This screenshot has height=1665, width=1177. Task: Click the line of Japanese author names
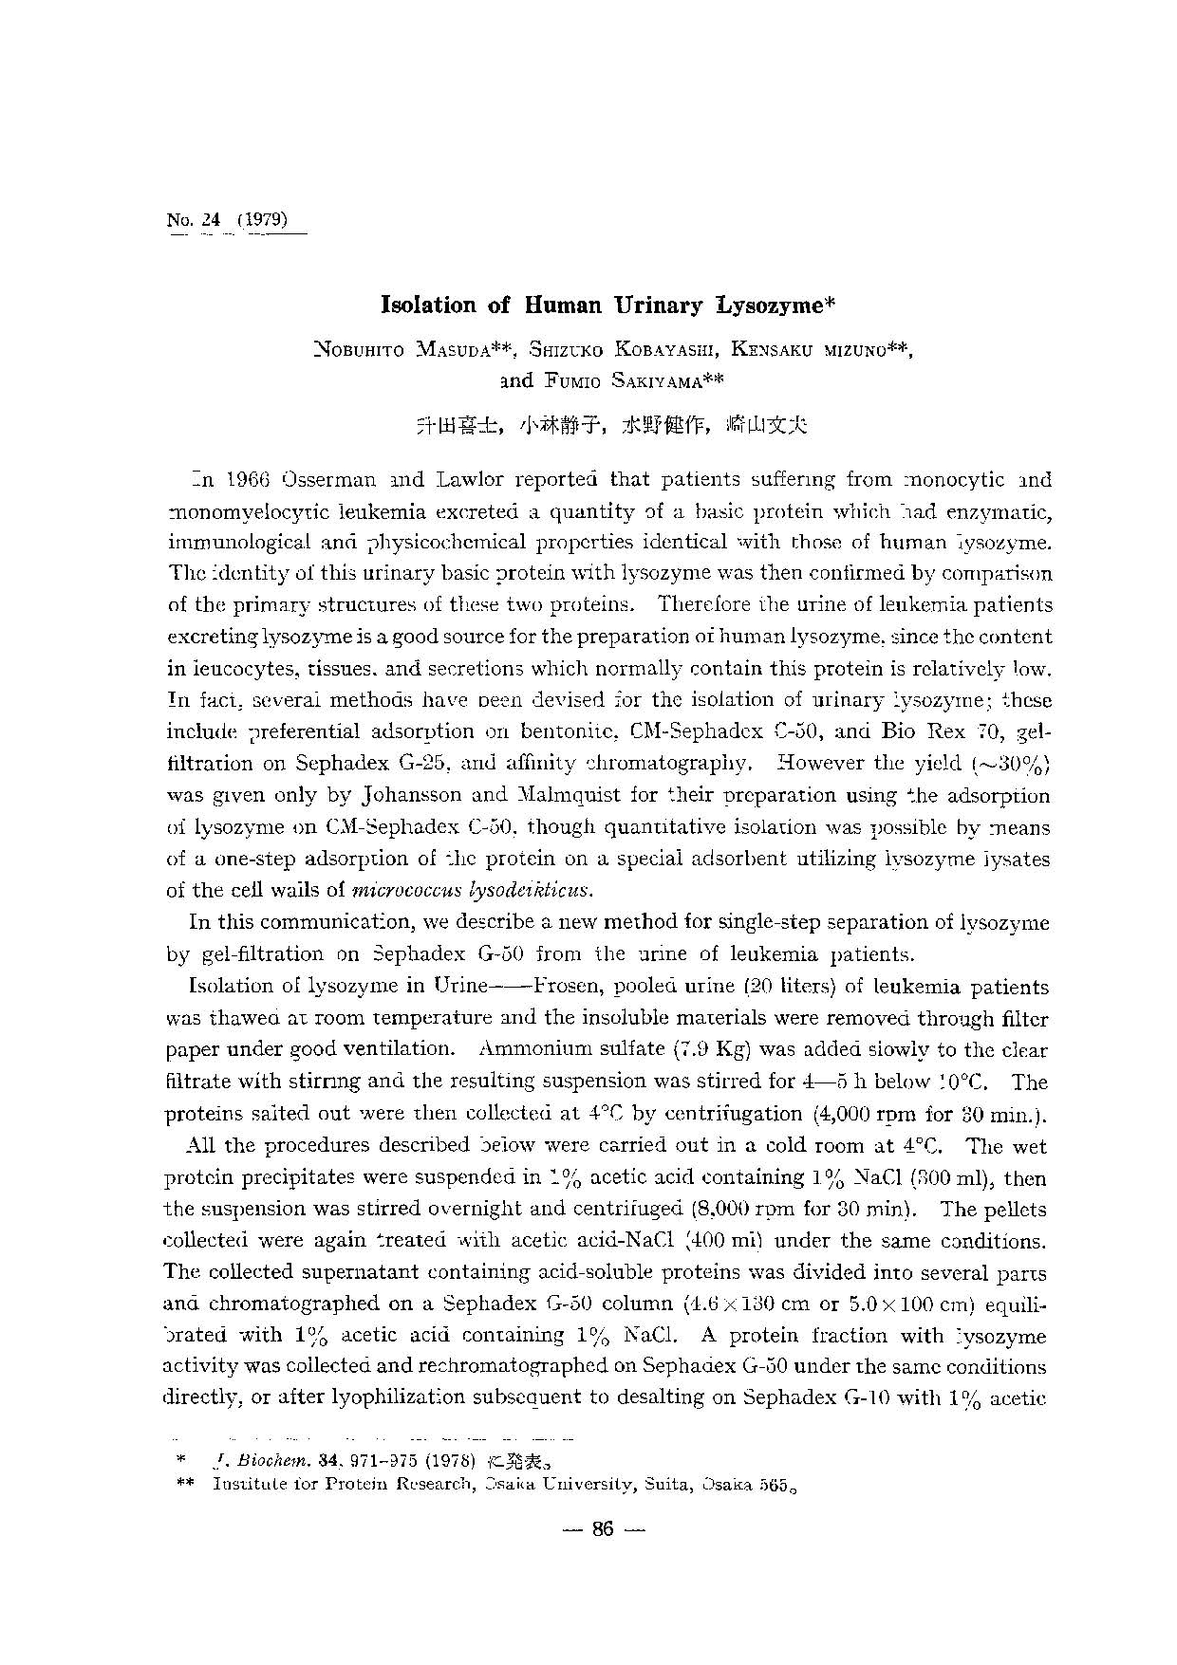tap(612, 425)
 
